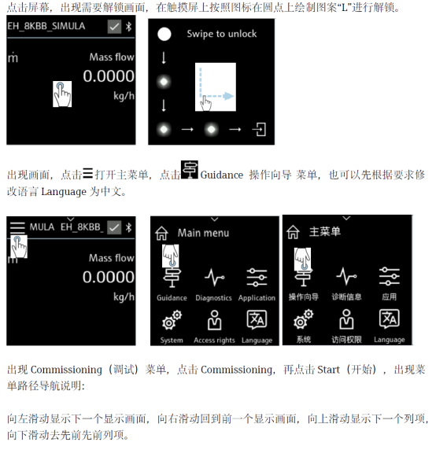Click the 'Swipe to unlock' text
click(x=222, y=34)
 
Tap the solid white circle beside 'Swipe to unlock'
click(x=164, y=34)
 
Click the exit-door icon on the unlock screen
click(x=259, y=129)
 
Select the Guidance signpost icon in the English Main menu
click(x=172, y=277)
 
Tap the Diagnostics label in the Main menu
click(x=213, y=298)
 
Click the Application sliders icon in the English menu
click(x=257, y=277)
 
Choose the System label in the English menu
click(x=172, y=340)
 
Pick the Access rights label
click(x=214, y=340)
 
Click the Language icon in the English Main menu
click(x=257, y=319)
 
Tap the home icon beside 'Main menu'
click(x=161, y=233)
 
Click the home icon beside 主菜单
click(x=293, y=232)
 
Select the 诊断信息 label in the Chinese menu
click(x=346, y=297)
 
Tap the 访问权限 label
click(x=346, y=340)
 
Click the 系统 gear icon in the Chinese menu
click(x=304, y=319)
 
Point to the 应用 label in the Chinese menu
click(x=389, y=297)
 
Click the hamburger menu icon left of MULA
click(x=17, y=228)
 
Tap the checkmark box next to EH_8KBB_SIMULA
click(x=114, y=27)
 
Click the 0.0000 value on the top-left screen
click(x=109, y=76)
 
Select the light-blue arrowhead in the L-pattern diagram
click(x=228, y=96)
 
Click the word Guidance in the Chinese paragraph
click(x=222, y=175)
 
